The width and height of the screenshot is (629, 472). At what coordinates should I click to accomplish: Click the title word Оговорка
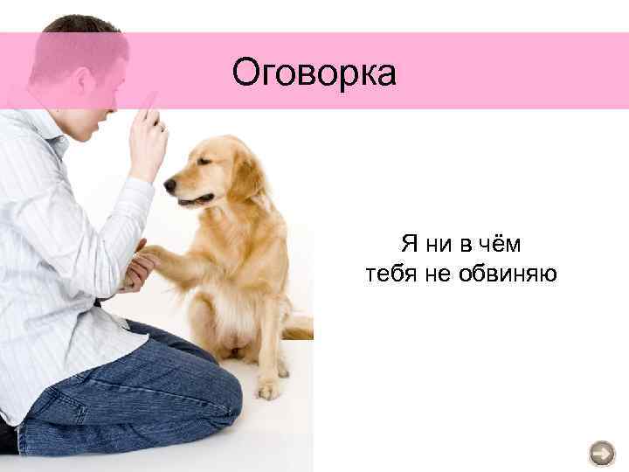pyautogui.click(x=314, y=73)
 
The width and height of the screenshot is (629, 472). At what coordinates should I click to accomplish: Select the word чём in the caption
pyautogui.click(x=501, y=242)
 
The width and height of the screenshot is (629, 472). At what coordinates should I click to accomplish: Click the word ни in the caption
pyautogui.click(x=439, y=242)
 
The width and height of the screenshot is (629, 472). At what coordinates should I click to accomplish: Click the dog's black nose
pyautogui.click(x=169, y=185)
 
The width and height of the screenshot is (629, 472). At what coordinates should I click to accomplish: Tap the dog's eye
pyautogui.click(x=203, y=163)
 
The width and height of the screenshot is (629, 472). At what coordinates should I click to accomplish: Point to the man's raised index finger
pyautogui.click(x=149, y=105)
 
